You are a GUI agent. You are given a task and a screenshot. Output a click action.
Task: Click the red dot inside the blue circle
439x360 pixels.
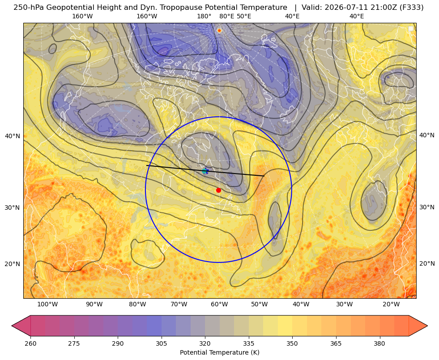click(219, 190)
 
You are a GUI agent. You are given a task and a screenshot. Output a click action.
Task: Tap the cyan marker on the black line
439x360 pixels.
click(205, 171)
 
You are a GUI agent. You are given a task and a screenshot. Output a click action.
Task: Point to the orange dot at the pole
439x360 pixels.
click(219, 30)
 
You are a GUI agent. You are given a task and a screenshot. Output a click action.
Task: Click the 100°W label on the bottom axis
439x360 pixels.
click(47, 304)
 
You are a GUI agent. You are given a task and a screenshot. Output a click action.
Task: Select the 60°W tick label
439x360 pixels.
click(219, 304)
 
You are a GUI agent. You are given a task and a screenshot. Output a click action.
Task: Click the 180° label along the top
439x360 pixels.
click(204, 16)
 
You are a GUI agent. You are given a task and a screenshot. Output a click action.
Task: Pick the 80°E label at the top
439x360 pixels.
click(226, 16)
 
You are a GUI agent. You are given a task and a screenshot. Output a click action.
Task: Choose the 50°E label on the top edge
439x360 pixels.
click(244, 16)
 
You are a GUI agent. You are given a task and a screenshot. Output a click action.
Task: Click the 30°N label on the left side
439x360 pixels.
click(13, 208)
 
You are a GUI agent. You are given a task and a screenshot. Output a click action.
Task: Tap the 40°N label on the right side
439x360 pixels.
click(427, 135)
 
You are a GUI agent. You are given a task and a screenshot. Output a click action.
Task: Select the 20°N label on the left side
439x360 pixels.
click(13, 263)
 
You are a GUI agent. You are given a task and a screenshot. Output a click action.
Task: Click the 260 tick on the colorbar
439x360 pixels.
click(30, 343)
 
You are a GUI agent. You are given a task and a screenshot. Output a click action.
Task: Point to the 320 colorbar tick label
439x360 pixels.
click(205, 343)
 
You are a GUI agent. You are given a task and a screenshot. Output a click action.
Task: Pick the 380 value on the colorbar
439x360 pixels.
click(379, 343)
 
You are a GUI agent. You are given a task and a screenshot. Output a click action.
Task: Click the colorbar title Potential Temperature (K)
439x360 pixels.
click(219, 352)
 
